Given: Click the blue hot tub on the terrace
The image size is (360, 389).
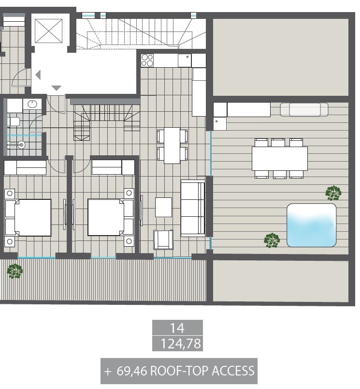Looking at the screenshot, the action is (312, 225).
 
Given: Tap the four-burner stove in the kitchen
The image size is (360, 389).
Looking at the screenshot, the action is (147, 60).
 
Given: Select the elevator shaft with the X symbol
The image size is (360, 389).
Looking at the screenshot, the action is (48, 31).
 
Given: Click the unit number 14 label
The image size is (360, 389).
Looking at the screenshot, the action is (177, 328).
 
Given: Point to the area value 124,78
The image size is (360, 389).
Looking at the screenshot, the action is (181, 344).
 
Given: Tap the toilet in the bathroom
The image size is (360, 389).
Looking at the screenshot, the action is (14, 122).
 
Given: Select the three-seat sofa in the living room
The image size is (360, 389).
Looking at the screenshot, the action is (193, 208).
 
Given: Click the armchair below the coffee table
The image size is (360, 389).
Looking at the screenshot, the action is (163, 239).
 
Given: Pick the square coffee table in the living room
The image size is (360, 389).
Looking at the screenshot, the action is (163, 207).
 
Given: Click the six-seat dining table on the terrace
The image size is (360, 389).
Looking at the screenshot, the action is (280, 159).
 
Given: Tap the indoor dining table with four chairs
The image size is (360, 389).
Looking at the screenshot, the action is (172, 146).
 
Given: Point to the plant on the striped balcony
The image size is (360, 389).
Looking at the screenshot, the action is (15, 271).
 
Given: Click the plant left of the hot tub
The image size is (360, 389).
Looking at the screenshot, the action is (272, 240).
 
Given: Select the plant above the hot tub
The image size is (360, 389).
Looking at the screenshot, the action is (333, 193).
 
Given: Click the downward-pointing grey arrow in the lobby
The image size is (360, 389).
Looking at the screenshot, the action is (56, 88).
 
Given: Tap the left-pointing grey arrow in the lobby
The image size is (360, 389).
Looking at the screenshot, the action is (38, 75).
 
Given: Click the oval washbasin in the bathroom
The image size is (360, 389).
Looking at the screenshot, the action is (32, 104).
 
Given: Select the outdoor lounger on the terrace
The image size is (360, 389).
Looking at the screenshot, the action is (304, 110).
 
